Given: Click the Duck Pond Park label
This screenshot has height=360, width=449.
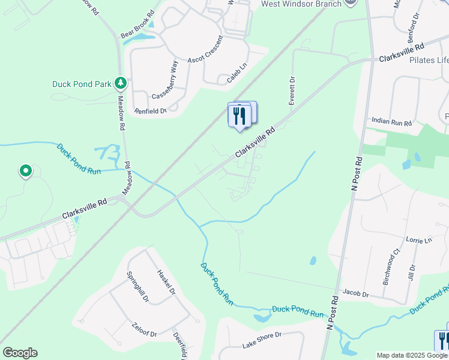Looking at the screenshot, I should point(81,84).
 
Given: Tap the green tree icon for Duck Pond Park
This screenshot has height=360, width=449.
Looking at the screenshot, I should point(121,83).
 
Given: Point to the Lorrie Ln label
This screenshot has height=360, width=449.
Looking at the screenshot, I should point(419,240).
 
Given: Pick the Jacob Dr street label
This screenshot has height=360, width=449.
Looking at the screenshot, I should point(355,294).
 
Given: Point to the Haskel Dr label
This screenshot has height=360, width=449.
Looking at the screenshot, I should point(166,281).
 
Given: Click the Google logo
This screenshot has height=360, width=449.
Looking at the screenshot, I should point(20,353).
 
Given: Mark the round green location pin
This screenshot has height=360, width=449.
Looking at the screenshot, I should point(25,172).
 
